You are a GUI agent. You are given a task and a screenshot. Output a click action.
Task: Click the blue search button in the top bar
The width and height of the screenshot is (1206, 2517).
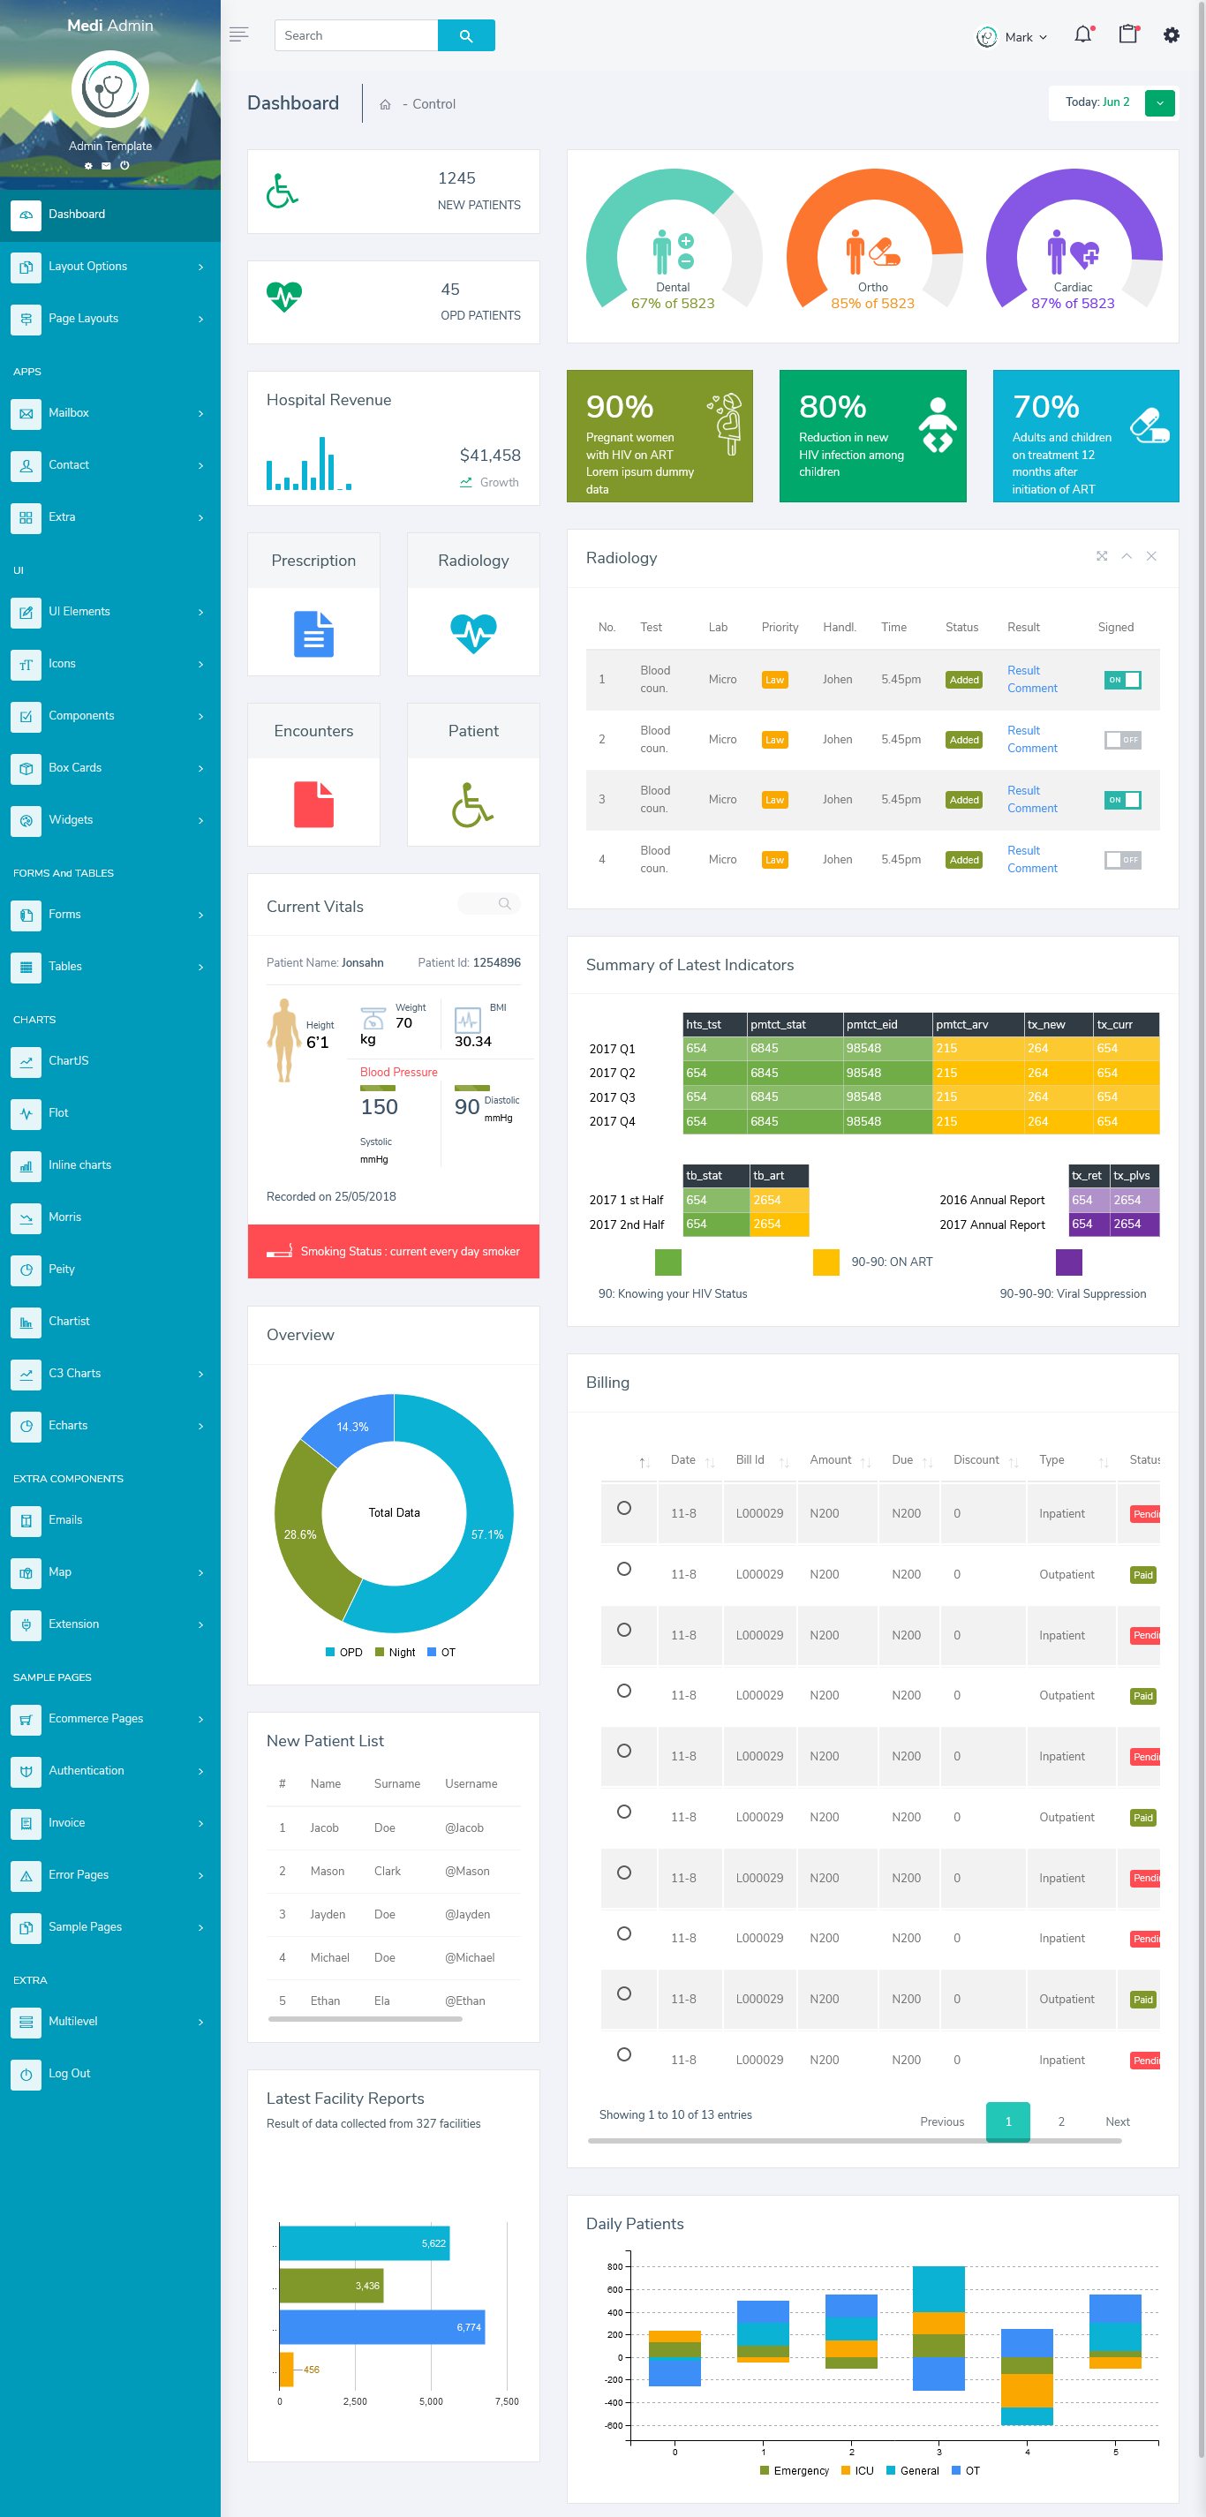466,35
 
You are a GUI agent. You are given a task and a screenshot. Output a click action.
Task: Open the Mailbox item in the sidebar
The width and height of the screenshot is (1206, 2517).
68,413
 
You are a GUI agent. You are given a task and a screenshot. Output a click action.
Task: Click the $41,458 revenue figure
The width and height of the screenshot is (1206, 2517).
490,456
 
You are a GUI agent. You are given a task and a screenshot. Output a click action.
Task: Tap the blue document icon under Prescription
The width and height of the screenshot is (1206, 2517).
313,633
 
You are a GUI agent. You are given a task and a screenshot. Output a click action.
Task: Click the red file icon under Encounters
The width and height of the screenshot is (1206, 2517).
313,804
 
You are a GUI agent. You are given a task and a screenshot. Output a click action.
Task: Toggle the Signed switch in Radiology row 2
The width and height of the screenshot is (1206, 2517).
1122,740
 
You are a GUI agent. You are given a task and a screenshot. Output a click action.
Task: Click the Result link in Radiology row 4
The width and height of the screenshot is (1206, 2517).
1023,851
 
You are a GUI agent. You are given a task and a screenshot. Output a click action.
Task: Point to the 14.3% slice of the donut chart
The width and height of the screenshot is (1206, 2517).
352,1428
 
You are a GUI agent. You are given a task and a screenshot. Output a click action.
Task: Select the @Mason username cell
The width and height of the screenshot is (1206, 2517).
467,1871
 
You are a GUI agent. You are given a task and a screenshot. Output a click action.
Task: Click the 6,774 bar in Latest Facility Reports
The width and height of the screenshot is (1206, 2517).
381,2326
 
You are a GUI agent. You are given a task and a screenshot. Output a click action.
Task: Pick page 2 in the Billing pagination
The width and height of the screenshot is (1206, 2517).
1061,2121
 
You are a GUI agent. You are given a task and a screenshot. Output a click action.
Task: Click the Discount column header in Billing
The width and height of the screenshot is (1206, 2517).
976,1459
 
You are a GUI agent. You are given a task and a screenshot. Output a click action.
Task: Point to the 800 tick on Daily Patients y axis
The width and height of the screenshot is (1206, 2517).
614,2266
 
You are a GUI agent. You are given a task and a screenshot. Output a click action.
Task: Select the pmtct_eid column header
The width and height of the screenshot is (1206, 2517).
871,1024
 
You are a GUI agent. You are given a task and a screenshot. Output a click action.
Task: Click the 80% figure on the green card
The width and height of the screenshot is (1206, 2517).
833,406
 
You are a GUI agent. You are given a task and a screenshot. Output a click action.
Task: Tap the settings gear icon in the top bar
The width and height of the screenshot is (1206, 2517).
1171,35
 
